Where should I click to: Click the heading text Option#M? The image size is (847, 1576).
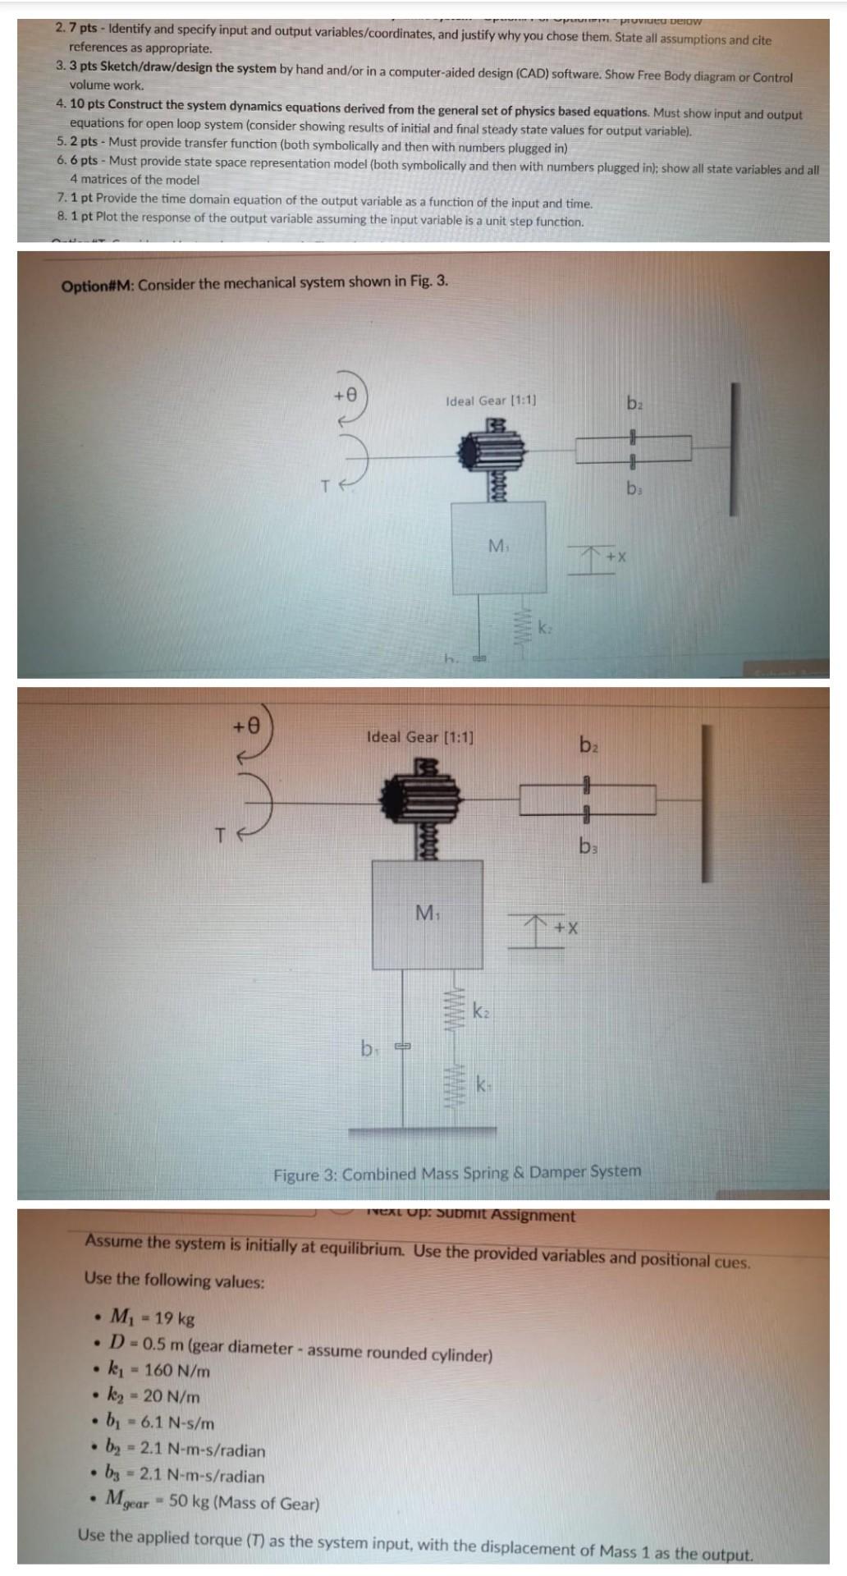98,286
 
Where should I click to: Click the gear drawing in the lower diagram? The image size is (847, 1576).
420,795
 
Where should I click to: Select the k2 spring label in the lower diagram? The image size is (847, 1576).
482,1011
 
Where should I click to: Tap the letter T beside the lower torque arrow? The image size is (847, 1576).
219,836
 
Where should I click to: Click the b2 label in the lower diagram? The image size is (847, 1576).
589,745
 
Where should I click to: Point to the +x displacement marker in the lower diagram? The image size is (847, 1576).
565,928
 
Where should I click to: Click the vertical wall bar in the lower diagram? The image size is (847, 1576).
706,804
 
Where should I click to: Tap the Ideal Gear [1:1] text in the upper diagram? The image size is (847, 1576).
491,401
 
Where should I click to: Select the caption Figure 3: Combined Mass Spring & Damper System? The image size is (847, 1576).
457,1173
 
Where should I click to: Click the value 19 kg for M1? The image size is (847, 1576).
174,1319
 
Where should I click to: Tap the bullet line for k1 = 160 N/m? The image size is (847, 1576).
159,1371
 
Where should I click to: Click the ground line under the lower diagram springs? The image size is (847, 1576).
422,1132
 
